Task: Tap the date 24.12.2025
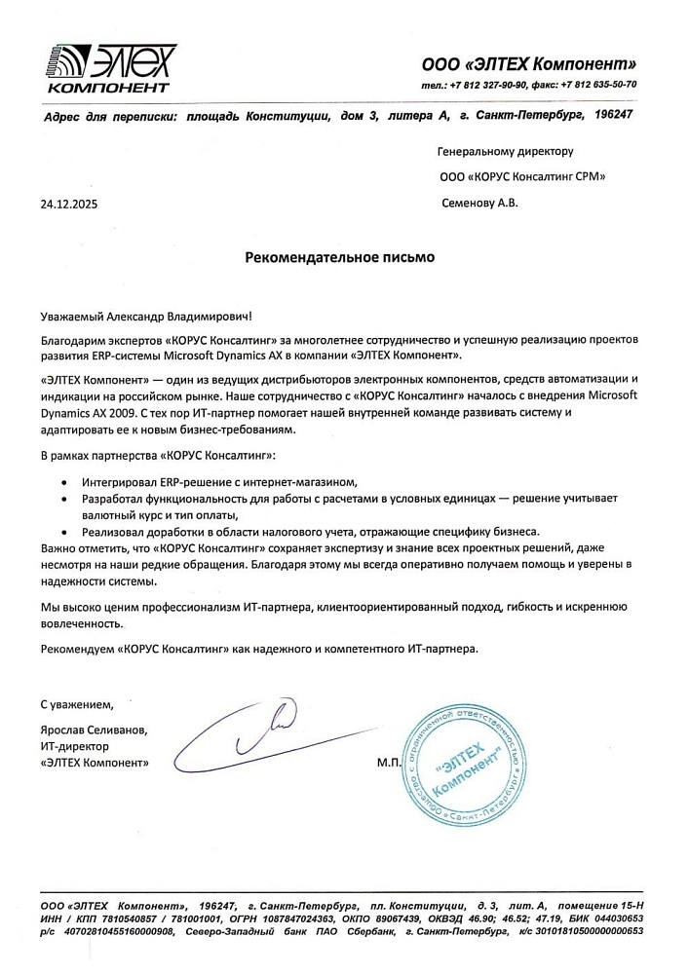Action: point(69,206)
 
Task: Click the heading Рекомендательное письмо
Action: point(339,258)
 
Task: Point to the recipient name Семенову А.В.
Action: point(480,204)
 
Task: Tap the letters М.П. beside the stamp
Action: point(389,763)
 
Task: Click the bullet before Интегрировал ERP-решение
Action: point(64,483)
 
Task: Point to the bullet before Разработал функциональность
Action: point(64,499)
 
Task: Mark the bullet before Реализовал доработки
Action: point(64,532)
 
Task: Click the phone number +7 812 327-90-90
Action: point(492,85)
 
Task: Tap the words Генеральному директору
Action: point(506,152)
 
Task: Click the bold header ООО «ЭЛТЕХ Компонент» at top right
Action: point(528,64)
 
